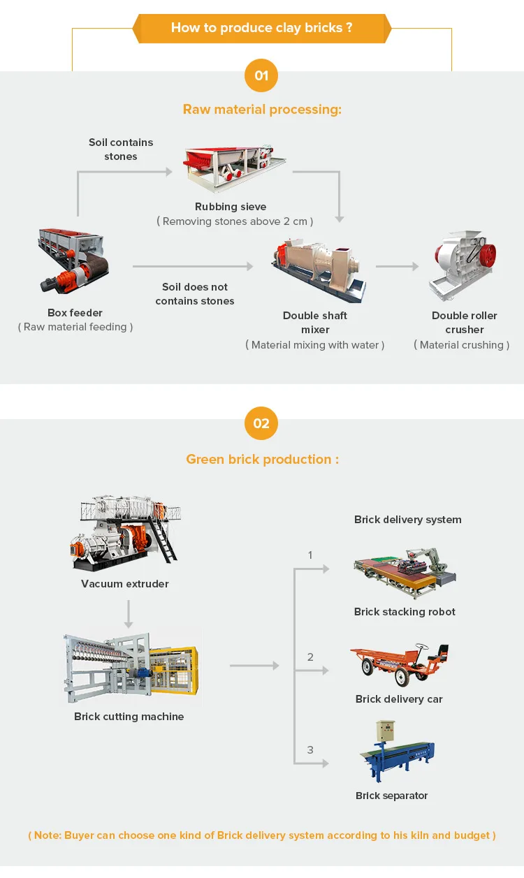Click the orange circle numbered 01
[261, 75]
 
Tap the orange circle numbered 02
[261, 423]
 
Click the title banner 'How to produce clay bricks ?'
[261, 28]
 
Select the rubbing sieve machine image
[233, 167]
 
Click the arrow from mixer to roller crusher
[397, 266]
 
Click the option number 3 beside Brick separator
[310, 750]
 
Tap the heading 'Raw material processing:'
[262, 110]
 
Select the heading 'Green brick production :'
[262, 460]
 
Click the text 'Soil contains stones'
[121, 149]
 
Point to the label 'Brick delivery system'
[407, 520]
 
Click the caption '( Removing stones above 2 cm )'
[235, 221]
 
